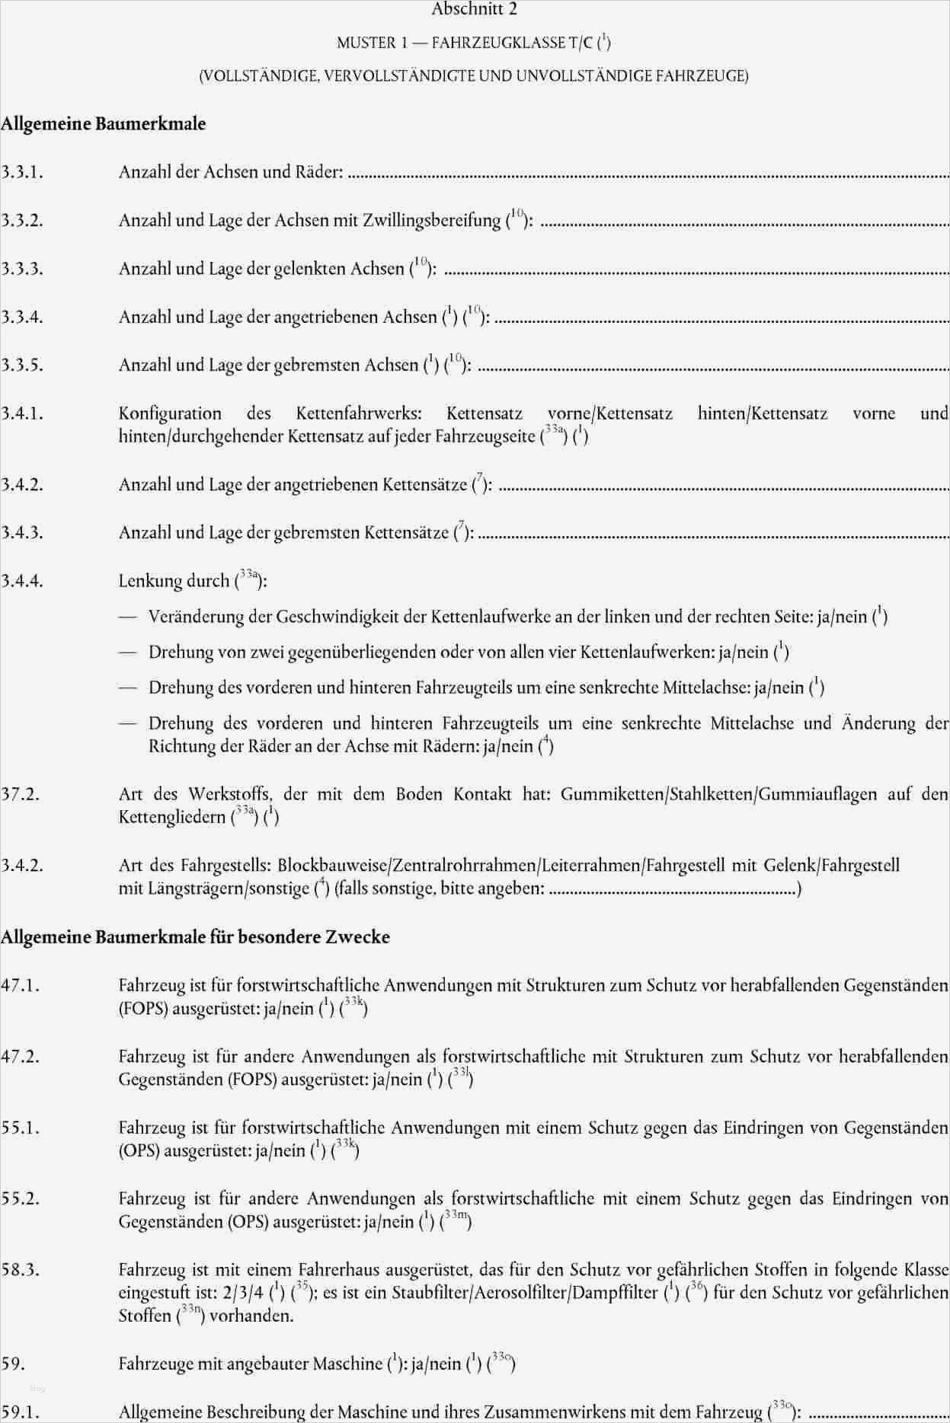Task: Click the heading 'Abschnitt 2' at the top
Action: (x=475, y=10)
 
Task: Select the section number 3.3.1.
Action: (x=22, y=173)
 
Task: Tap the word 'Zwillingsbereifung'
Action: (x=431, y=221)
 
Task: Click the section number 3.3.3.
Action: (x=22, y=270)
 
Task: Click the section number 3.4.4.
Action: (x=22, y=582)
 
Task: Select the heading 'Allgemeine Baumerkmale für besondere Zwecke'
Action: (x=195, y=937)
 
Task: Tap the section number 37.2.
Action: (x=21, y=795)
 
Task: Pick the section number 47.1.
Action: (x=21, y=986)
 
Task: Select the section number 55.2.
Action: (x=21, y=1199)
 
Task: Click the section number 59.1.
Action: (x=21, y=1413)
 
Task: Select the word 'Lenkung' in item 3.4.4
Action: (x=147, y=582)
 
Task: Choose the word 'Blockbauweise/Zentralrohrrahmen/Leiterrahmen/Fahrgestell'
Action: (x=502, y=866)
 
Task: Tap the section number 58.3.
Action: (x=21, y=1270)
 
